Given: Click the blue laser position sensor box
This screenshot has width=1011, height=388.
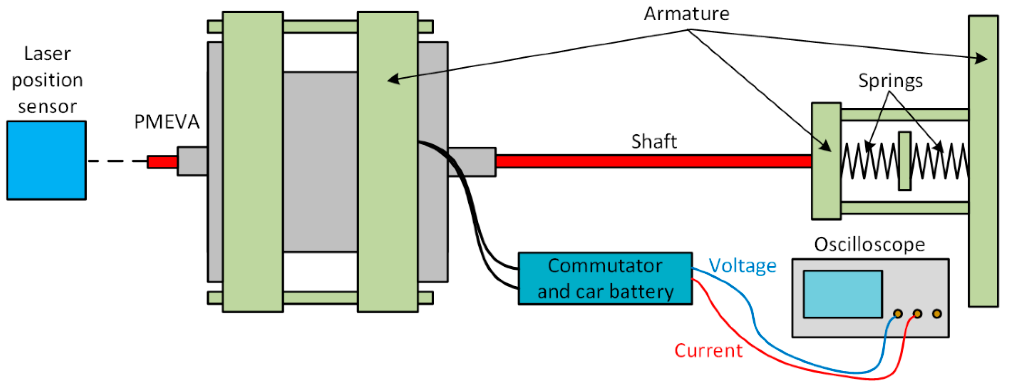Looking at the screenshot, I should (x=46, y=160).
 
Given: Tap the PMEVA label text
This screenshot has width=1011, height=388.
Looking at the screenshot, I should (x=167, y=122).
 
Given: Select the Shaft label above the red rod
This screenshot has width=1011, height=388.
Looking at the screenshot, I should (x=654, y=141).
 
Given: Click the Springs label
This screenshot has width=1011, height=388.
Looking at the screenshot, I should (x=890, y=81).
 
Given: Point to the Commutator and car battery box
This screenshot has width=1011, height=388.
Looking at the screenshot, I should (x=605, y=278).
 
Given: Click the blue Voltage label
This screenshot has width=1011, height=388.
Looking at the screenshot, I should (x=742, y=266).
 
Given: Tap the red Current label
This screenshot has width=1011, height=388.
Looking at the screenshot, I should (x=708, y=350).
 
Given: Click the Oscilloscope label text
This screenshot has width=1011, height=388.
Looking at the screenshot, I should (x=869, y=244).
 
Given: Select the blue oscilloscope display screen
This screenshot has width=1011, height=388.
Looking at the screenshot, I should (x=843, y=294).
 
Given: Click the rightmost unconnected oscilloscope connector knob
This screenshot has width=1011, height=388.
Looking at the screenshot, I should (x=936, y=314).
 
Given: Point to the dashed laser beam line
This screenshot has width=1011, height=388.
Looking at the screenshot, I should (x=117, y=161).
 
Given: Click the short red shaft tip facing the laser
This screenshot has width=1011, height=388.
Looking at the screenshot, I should (x=162, y=162).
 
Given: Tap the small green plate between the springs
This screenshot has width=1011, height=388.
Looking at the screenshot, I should (x=905, y=161).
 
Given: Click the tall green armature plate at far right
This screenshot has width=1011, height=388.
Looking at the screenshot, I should (x=983, y=161).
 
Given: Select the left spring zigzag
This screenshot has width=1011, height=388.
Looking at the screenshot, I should (x=869, y=161).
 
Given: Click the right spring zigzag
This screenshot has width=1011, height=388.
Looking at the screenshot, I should (x=940, y=161).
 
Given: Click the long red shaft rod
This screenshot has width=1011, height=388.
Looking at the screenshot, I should (x=653, y=161).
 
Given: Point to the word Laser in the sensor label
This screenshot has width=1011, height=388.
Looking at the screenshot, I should (x=47, y=53).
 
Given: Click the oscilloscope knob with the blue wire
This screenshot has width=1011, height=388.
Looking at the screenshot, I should (x=897, y=314).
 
